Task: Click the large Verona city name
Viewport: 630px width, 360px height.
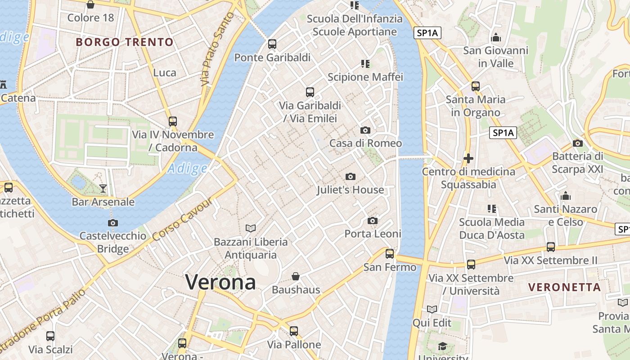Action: click(x=220, y=283)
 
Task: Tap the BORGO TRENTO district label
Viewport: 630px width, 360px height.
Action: click(x=125, y=42)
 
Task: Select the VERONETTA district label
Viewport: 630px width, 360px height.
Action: click(x=564, y=287)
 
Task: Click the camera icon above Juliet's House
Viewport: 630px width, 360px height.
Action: click(x=350, y=177)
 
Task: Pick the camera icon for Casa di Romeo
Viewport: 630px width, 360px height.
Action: click(x=365, y=130)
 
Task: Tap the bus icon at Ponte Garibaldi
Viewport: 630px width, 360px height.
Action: click(x=272, y=44)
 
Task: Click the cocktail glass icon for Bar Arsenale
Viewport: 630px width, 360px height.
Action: click(x=103, y=189)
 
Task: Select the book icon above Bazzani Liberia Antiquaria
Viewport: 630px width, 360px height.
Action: click(x=250, y=229)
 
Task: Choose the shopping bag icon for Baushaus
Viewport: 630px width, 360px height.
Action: click(x=296, y=276)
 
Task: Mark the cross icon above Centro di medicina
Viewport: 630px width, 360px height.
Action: click(x=468, y=158)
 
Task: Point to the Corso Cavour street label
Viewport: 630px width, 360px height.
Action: click(x=182, y=219)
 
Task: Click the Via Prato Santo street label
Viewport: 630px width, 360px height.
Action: click(x=218, y=49)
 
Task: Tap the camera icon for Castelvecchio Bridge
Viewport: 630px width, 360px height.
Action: click(x=113, y=223)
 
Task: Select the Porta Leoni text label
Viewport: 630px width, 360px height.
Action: click(x=373, y=234)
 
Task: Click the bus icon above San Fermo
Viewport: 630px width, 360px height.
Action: click(x=390, y=254)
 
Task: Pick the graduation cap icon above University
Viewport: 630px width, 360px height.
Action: click(x=443, y=346)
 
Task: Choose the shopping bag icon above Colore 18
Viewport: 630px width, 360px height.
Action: click(x=90, y=5)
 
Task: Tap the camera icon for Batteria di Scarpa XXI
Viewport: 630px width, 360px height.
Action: click(x=578, y=143)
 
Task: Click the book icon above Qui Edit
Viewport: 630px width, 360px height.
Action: click(x=432, y=310)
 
